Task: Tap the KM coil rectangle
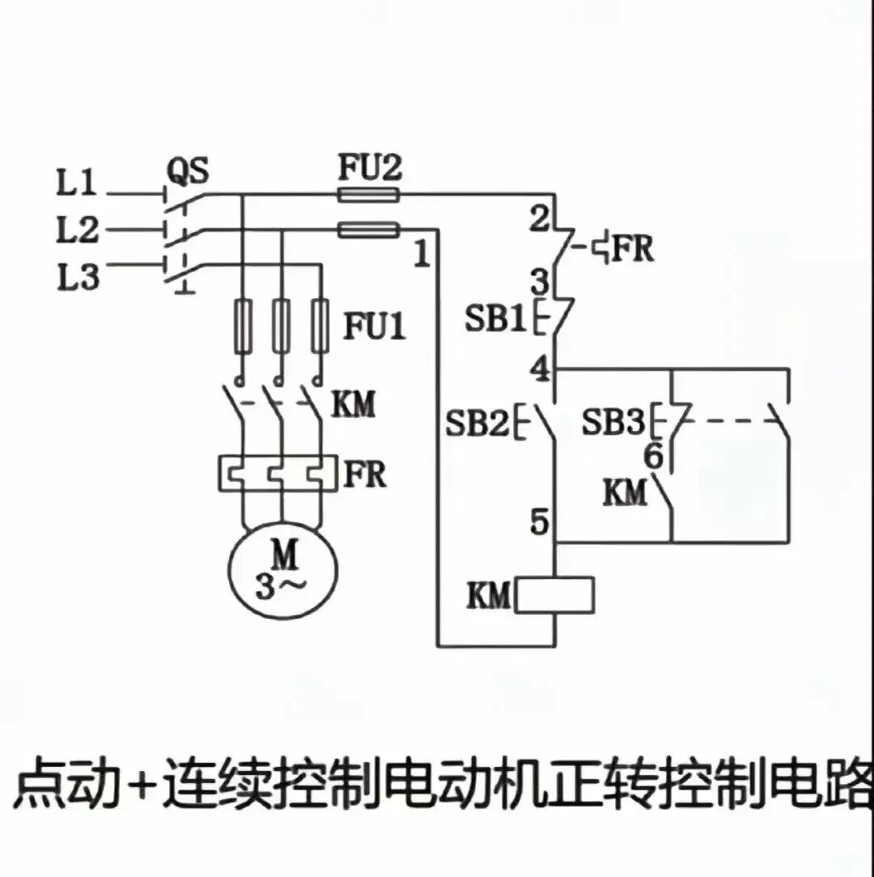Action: tap(555, 595)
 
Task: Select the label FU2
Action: tap(370, 169)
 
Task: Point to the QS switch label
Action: tap(188, 171)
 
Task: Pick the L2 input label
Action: tap(76, 232)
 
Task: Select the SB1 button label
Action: tap(495, 319)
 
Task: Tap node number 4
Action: tap(539, 369)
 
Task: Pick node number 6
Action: tap(653, 458)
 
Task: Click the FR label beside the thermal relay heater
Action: tap(365, 475)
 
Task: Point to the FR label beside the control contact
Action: tap(632, 249)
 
